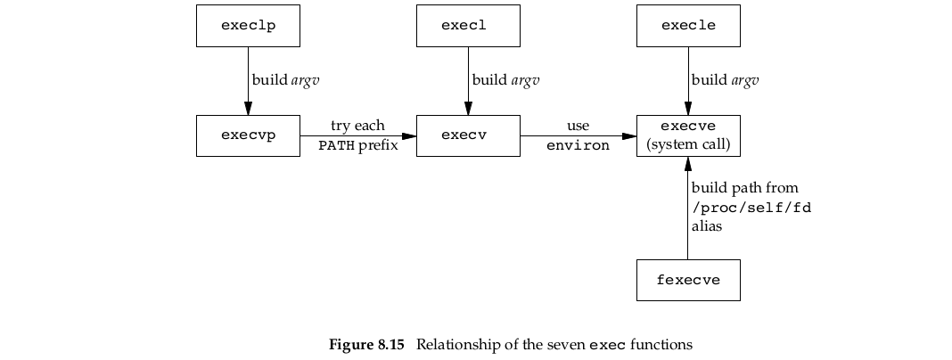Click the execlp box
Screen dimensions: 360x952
[x=248, y=26]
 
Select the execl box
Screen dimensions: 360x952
[x=468, y=26]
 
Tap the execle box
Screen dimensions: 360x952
[x=688, y=26]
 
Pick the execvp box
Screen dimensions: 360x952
[x=248, y=135]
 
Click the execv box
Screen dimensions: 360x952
[x=468, y=135]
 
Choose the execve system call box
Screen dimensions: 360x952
[x=688, y=135]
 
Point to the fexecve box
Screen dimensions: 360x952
[x=688, y=280]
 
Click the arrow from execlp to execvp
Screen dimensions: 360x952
[x=248, y=80]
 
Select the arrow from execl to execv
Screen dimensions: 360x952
[x=468, y=80]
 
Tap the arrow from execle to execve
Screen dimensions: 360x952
[x=688, y=80]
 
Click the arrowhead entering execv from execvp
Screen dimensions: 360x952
[x=409, y=135]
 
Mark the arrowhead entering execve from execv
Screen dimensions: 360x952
[x=629, y=135]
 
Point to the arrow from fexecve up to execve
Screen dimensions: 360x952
[x=688, y=209]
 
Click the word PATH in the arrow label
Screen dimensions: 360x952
[x=337, y=145]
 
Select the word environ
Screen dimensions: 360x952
[x=578, y=145]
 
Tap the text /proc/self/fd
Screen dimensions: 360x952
[x=751, y=208]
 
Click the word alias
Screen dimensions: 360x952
[x=706, y=227]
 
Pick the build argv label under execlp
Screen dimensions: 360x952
[x=285, y=80]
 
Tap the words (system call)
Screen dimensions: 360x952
[x=688, y=144]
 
